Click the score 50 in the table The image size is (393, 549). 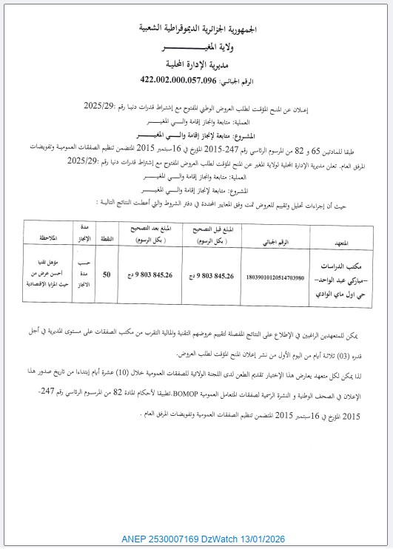(107, 275)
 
